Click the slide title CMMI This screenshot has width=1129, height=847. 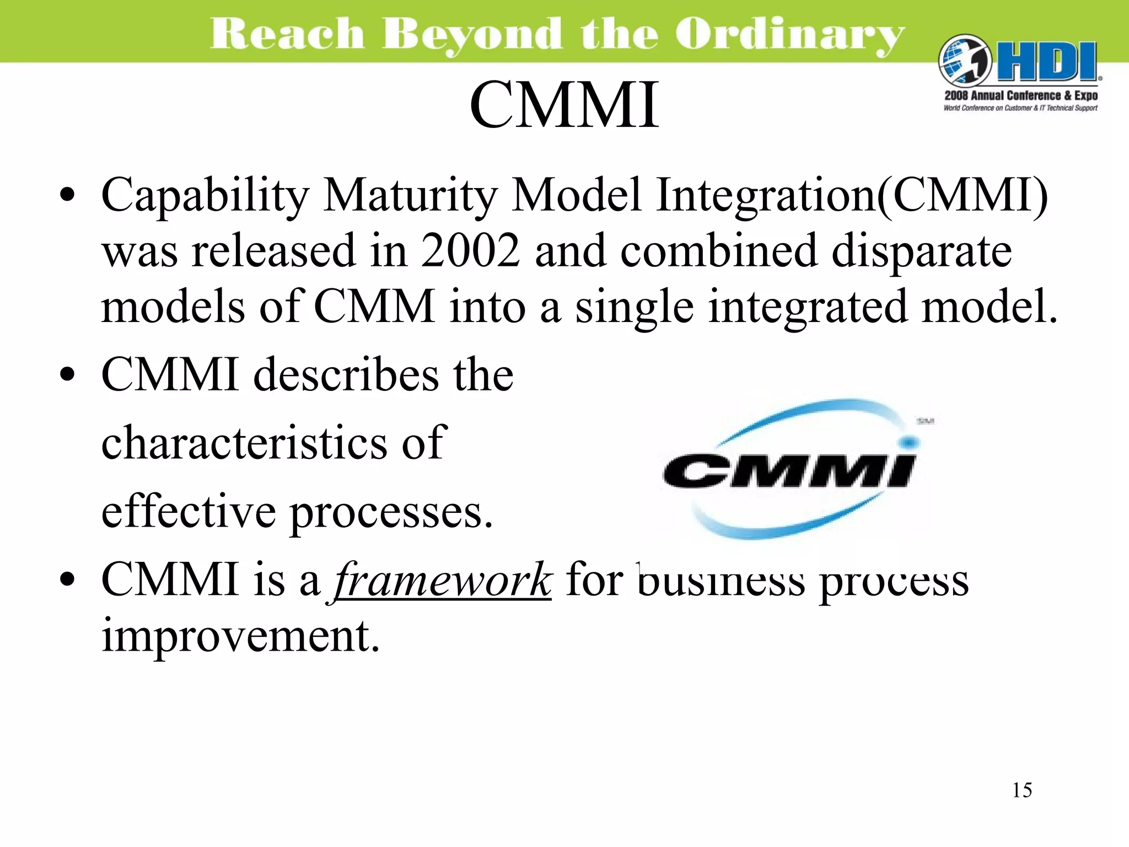(x=564, y=105)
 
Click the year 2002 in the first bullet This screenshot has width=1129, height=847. (x=470, y=250)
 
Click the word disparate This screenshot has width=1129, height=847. (x=921, y=250)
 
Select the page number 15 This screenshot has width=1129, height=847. (x=1022, y=790)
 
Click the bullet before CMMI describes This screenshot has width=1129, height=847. (x=67, y=375)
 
